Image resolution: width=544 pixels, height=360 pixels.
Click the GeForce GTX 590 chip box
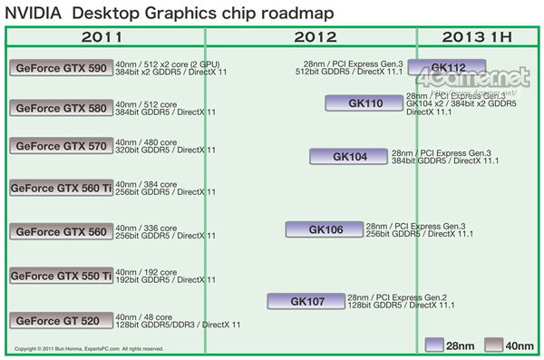tap(61, 68)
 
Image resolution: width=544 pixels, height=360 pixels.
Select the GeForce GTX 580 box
tap(61, 108)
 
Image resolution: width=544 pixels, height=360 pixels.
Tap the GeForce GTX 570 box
tap(61, 146)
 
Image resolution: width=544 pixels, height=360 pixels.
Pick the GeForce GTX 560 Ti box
tap(61, 188)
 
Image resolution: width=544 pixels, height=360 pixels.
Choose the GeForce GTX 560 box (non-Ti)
tap(61, 231)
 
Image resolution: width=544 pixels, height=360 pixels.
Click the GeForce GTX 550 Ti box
tap(61, 276)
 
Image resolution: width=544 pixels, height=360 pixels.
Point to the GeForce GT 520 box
tap(61, 320)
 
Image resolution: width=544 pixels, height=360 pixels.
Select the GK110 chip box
tap(364, 103)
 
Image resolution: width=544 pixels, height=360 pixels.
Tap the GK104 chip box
tap(349, 157)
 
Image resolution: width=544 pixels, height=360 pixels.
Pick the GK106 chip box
tap(323, 229)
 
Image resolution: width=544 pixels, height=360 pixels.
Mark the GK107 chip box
tap(306, 301)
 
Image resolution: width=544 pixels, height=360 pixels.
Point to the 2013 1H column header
tap(477, 37)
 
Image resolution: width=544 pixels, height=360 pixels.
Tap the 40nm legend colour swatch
tap(494, 345)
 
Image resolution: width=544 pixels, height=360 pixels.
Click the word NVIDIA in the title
tap(34, 14)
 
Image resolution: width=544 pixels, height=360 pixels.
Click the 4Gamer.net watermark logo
tap(484, 80)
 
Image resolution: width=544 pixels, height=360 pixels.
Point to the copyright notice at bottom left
tap(89, 348)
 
